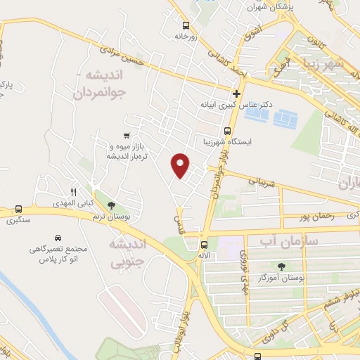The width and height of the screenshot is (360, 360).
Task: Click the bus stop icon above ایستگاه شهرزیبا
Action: click(x=227, y=131)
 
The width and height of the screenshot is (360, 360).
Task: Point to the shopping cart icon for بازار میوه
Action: click(x=126, y=136)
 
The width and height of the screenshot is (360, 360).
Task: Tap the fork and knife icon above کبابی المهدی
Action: click(x=73, y=191)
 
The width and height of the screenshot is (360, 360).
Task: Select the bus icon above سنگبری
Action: click(x=18, y=209)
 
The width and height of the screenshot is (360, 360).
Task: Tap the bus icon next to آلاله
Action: click(x=204, y=245)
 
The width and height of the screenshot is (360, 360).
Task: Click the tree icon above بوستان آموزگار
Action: click(x=281, y=266)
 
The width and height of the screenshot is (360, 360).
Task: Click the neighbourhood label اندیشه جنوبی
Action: click(x=127, y=253)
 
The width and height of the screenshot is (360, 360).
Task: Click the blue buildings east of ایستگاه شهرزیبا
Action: click(x=281, y=117)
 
